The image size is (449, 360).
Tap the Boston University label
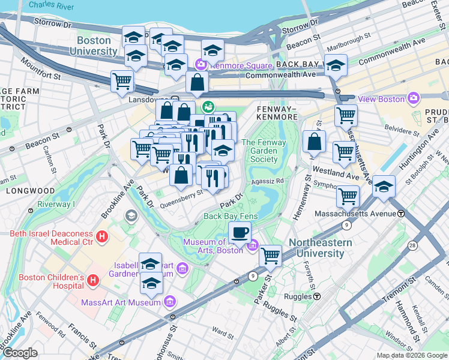(93, 46)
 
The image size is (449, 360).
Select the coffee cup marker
(240, 232)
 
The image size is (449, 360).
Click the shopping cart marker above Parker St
(271, 255)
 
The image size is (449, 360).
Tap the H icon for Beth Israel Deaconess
(102, 236)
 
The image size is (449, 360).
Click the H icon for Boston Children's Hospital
(93, 280)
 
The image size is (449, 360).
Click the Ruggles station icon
(316, 296)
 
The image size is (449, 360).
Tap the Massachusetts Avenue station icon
(400, 214)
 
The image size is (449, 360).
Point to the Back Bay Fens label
(231, 216)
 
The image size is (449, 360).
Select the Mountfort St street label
(40, 68)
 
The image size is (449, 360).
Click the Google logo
(20, 353)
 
